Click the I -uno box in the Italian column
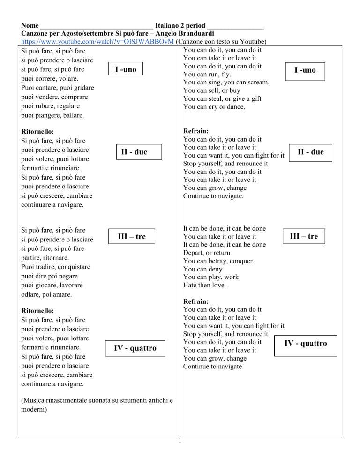click(126, 69)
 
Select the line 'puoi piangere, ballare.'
click(52, 115)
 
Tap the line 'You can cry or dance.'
click(215, 107)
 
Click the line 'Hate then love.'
click(205, 285)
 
